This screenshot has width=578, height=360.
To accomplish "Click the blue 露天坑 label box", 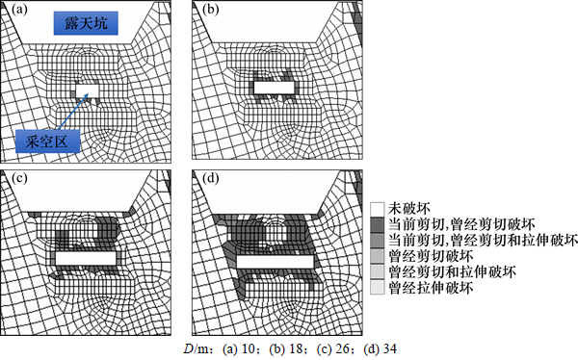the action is pyautogui.click(x=86, y=23).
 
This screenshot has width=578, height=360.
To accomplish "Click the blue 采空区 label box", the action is pyautogui.click(x=47, y=141).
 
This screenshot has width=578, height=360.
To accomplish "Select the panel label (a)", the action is pyautogui.click(x=19, y=10).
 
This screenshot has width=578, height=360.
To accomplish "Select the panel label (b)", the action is pyautogui.click(x=211, y=10).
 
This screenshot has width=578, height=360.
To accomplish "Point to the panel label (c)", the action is pyautogui.click(x=19, y=178).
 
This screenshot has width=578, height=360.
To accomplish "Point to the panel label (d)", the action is pyautogui.click(x=211, y=178).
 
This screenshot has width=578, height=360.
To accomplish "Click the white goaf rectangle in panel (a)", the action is pyautogui.click(x=88, y=90).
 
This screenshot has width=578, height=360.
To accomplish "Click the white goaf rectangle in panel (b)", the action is pyautogui.click(x=275, y=88).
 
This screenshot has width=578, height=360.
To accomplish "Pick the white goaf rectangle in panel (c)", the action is pyautogui.click(x=86, y=259).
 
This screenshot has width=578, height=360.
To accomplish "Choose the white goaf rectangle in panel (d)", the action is pyautogui.click(x=275, y=262).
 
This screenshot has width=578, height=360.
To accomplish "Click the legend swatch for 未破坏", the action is pyautogui.click(x=377, y=209).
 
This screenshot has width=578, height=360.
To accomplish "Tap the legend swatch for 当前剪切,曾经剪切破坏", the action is pyautogui.click(x=377, y=224).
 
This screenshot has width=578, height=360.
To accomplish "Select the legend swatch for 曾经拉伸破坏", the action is pyautogui.click(x=377, y=288).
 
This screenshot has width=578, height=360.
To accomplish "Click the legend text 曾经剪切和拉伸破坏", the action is pyautogui.click(x=453, y=272).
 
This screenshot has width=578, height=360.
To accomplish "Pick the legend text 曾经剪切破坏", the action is pyautogui.click(x=431, y=256).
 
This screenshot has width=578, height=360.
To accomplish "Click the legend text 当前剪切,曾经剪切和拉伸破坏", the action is pyautogui.click(x=483, y=241).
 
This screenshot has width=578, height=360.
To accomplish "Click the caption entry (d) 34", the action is pyautogui.click(x=381, y=348).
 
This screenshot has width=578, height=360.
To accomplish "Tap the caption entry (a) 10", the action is pyautogui.click(x=239, y=348).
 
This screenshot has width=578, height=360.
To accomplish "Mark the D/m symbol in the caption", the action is pyautogui.click(x=197, y=348).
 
